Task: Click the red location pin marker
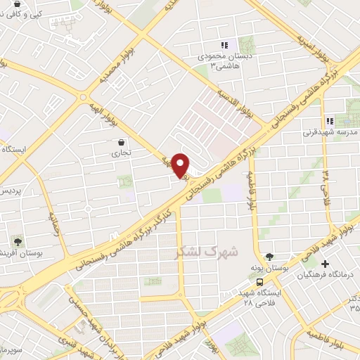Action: [181, 165]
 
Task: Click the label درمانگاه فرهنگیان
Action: [331, 274]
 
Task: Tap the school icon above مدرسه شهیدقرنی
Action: [330, 120]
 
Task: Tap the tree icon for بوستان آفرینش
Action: [15, 240]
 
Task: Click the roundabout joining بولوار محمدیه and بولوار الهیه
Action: [83, 97]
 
